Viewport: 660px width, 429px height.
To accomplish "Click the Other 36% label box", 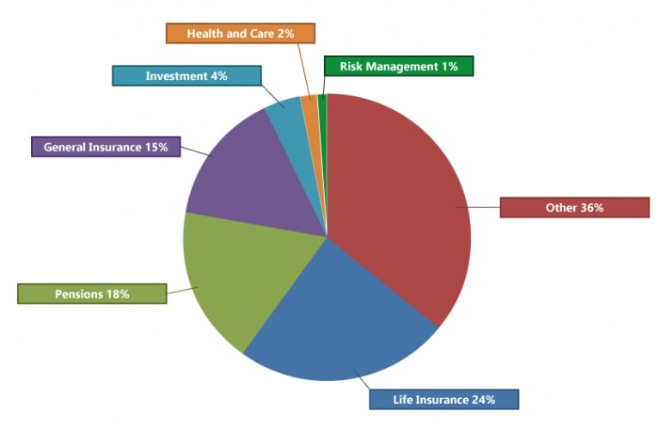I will click(x=574, y=207).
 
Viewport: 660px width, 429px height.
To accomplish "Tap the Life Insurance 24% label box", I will click(x=443, y=400).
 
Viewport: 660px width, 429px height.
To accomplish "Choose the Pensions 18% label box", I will click(x=92, y=294).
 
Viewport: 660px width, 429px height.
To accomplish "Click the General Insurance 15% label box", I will click(x=106, y=147).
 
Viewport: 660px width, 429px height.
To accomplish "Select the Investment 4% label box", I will click(x=186, y=76).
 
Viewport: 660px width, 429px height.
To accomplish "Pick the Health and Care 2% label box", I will click(x=241, y=34).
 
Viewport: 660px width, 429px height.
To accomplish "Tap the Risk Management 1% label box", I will click(x=399, y=66).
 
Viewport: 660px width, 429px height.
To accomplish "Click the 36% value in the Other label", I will click(x=592, y=207).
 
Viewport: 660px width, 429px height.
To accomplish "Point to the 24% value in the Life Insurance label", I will click(x=482, y=400).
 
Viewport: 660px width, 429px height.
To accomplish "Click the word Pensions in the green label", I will click(x=79, y=294).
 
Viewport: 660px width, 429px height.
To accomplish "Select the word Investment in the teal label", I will click(x=174, y=76).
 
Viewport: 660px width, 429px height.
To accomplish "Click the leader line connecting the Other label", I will click(x=478, y=207).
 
